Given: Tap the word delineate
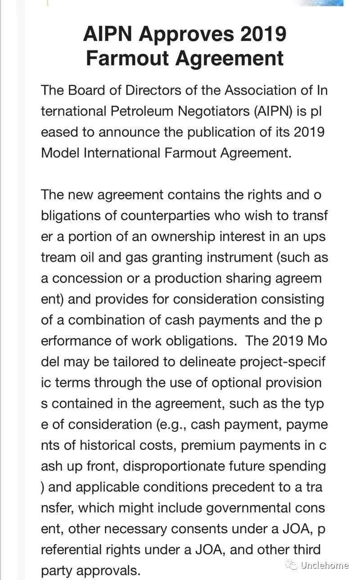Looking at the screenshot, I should (x=189, y=362).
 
